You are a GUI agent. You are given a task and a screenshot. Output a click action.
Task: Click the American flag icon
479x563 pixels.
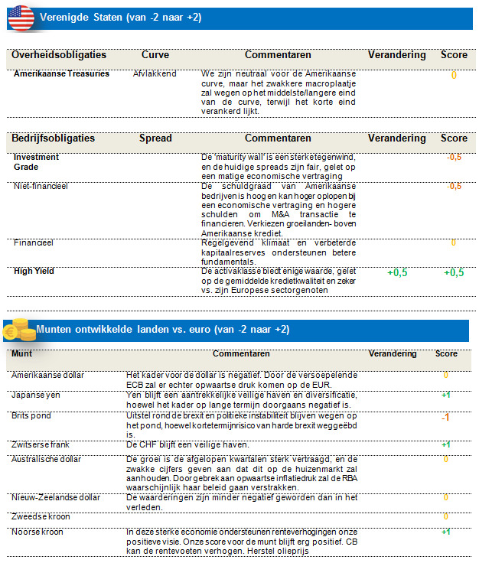21,17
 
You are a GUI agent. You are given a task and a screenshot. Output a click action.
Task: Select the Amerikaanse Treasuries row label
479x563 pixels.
61,74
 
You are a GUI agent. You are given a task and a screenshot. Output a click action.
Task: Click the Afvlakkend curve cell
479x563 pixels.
155,74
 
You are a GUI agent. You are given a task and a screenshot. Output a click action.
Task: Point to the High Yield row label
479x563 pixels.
34,271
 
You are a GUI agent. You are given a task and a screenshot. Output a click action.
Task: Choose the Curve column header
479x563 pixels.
155,55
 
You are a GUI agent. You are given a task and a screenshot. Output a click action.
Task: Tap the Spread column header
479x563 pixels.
155,138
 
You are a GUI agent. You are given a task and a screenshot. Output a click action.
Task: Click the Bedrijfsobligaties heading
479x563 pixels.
54,138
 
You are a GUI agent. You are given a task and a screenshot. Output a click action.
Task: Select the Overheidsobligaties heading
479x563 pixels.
59,55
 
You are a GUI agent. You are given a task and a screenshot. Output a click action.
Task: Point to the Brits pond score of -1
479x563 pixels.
445,418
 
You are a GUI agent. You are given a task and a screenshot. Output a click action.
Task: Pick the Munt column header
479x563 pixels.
21,354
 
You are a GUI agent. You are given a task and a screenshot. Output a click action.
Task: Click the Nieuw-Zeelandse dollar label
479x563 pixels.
56,497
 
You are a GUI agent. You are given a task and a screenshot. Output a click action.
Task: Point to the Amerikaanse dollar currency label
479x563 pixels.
47,375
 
